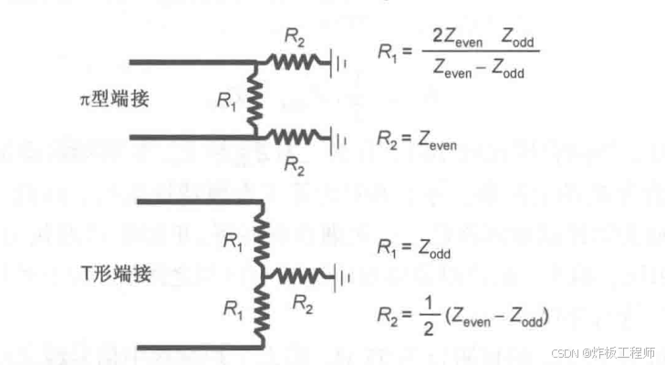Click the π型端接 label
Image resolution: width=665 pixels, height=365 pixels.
116,100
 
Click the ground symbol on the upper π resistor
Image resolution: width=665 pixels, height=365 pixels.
339,63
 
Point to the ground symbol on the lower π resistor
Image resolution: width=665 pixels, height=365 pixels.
339,140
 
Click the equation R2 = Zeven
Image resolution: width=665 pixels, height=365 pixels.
417,139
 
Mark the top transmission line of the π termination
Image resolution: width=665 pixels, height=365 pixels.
192,62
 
